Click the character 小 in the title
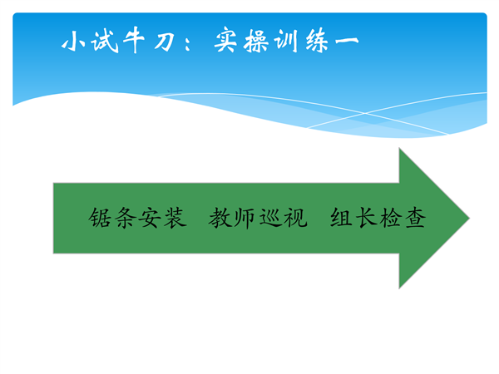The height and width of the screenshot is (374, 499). (x=73, y=41)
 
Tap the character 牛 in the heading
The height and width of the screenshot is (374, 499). (x=134, y=40)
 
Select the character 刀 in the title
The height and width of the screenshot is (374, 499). (x=164, y=42)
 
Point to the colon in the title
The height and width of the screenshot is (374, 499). (x=187, y=42)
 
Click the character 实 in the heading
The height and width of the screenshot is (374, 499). (x=225, y=39)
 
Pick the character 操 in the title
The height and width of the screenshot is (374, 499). (x=255, y=41)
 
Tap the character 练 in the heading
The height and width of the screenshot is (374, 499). (x=317, y=40)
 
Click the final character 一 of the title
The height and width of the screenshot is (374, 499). (x=347, y=41)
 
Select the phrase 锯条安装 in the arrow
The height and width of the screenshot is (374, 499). (x=137, y=218)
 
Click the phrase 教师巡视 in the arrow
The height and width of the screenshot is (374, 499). (x=258, y=218)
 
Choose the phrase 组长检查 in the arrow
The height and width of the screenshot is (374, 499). (x=378, y=218)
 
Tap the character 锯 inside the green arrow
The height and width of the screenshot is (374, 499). (x=100, y=218)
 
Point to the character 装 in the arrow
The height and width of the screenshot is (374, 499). (x=175, y=218)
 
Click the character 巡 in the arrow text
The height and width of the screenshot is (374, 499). (x=271, y=218)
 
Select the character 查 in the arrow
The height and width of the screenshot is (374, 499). (x=415, y=218)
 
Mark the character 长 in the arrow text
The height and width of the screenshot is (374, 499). (x=366, y=218)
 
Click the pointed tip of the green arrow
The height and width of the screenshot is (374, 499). (x=469, y=218)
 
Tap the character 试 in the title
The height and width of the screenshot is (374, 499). (x=104, y=41)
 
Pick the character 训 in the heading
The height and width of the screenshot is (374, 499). (x=286, y=41)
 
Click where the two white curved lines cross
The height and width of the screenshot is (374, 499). (x=365, y=113)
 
